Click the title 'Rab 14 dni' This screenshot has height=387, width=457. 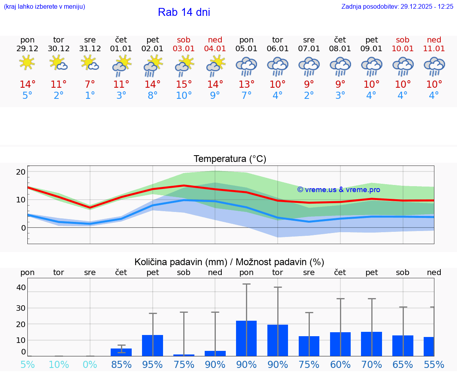(184, 12)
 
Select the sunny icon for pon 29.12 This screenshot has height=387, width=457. (27, 63)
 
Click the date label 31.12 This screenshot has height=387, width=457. (90, 48)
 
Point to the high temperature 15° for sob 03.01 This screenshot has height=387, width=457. (184, 85)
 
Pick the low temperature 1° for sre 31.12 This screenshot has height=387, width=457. (90, 96)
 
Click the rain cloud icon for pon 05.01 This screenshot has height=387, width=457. (246, 65)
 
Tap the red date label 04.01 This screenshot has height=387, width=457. (215, 48)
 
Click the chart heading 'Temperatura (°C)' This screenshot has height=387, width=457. (230, 159)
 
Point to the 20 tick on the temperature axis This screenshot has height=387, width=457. (21, 172)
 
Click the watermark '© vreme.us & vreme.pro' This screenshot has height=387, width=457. (339, 190)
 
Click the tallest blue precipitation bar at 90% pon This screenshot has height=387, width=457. (246, 338)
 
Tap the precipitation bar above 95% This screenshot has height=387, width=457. (153, 345)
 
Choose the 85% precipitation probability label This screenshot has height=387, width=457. (121, 365)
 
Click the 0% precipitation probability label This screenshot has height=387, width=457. (90, 365)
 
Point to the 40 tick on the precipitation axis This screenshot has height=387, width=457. (21, 287)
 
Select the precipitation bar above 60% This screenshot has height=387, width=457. (340, 344)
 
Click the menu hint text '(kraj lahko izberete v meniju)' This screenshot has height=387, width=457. (44, 7)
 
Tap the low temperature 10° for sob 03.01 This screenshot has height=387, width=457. (184, 96)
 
